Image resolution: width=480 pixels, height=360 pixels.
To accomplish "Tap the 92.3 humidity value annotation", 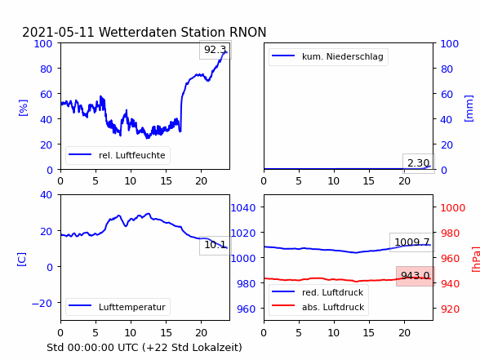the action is pos(216,50).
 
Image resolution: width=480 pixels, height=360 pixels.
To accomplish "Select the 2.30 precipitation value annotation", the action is pos(419,163).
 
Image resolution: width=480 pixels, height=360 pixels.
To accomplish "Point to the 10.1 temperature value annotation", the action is pos(216,245).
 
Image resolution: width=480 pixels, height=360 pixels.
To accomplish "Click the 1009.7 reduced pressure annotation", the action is pos(412,242).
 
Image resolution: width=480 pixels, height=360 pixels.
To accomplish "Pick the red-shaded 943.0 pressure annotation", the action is pos(416,276).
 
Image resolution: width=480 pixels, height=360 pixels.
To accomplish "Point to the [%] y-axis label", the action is pos(23,108).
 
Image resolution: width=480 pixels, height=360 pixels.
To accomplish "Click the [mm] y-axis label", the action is pos(469,109).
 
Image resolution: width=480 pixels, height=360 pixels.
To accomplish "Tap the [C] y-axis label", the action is pos(22,260).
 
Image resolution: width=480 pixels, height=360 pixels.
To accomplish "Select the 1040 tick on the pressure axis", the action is pos(243,208).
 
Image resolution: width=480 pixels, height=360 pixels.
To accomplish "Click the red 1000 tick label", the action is pos(453,208).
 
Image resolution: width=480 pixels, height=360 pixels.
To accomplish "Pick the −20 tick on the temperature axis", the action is pos(42,304).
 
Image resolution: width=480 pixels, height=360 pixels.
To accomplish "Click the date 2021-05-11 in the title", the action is pos(58,32).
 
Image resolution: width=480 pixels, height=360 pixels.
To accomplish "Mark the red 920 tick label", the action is pos(450,309).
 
